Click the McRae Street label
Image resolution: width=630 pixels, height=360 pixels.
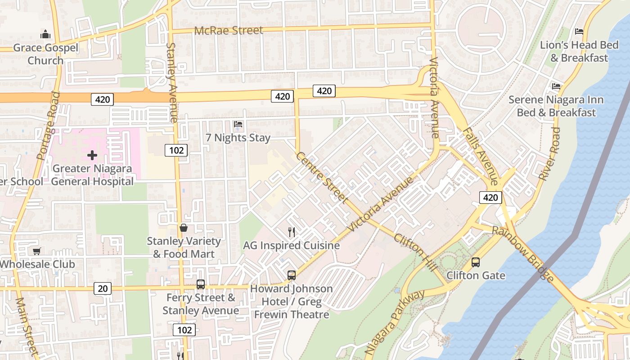[x=229, y=31]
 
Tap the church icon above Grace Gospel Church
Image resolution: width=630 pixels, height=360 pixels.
[x=45, y=34]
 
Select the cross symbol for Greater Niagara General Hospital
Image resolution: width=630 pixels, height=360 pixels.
[x=92, y=155]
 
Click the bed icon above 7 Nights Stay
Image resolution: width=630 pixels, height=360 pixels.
[x=238, y=124]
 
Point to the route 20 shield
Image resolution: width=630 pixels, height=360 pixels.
[x=103, y=288]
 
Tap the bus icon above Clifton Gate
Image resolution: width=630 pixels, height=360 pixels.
[x=476, y=262]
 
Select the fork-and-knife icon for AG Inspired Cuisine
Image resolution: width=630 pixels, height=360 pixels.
[x=292, y=232]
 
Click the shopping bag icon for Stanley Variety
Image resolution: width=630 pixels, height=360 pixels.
[x=184, y=228]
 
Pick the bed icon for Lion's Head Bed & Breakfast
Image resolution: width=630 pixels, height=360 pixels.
[x=579, y=31]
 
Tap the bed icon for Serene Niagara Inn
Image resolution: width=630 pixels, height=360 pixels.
[x=557, y=86]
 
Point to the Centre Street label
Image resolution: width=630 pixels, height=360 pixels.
[x=322, y=177]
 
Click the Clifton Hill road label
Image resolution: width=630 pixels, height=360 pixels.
[x=415, y=252]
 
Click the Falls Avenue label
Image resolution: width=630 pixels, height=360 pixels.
[x=480, y=156]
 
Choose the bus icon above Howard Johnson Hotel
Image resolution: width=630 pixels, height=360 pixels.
[x=292, y=275]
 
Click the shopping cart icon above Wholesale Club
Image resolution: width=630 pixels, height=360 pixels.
[x=36, y=251]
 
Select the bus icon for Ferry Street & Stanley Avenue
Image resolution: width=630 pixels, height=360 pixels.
[x=201, y=284]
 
